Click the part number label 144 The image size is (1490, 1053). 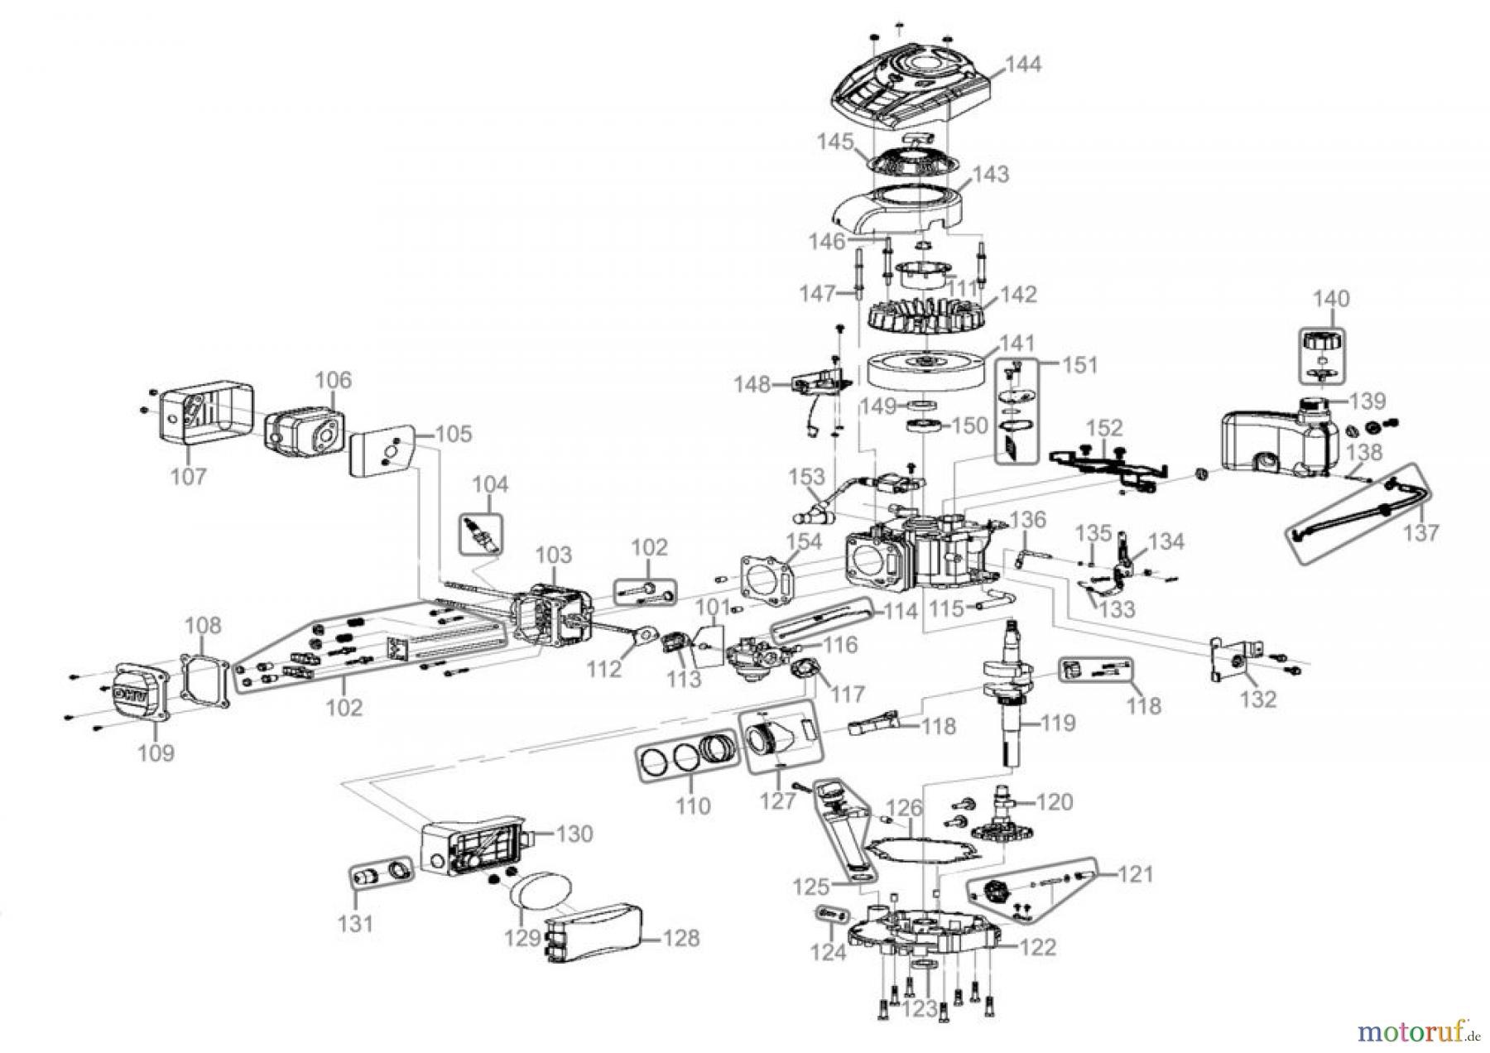(x=1023, y=65)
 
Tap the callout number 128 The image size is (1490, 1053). (x=680, y=938)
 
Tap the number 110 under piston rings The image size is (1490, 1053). (x=692, y=805)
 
